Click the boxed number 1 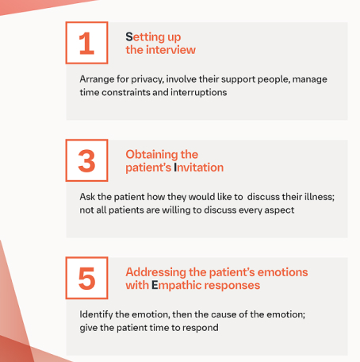(x=86, y=43)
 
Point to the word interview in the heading (x=170, y=50)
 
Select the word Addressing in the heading (x=157, y=271)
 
